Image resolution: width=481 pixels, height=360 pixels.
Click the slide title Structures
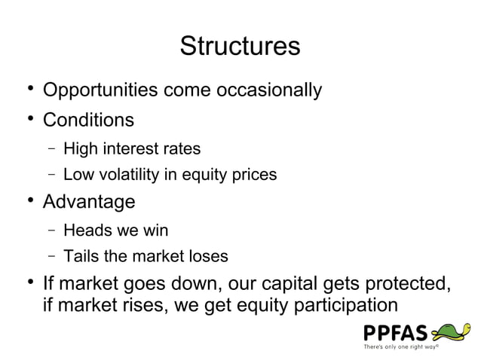[x=240, y=46]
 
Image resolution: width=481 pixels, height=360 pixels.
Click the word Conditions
[x=88, y=120]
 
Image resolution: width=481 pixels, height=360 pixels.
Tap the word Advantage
[x=89, y=202]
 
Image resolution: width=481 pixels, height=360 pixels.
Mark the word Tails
[x=81, y=257]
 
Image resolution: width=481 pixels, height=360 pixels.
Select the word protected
[x=406, y=285]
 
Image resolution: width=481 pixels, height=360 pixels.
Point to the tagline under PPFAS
[x=401, y=347]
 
